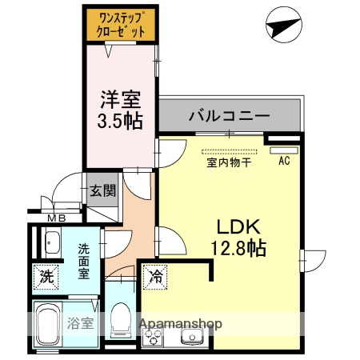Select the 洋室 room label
[120, 101]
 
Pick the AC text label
[283, 160]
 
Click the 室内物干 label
[230, 162]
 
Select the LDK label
[233, 225]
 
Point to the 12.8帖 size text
[233, 247]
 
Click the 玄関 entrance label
[102, 190]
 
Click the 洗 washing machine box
[47, 278]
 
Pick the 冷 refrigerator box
[154, 278]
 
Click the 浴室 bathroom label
[81, 325]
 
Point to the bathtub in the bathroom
[46, 326]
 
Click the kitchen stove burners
[152, 336]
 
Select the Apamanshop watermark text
[182, 325]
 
